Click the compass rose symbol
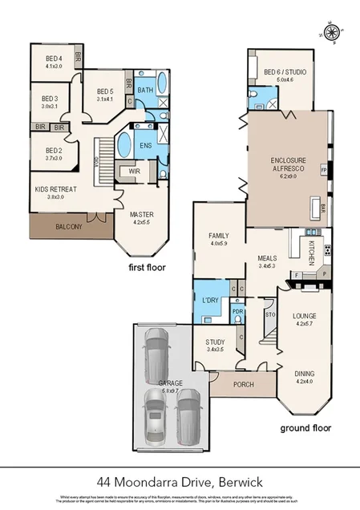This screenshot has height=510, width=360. tap(330, 32)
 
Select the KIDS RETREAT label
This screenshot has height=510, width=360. tap(53, 190)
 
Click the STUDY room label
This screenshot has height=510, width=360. tap(214, 345)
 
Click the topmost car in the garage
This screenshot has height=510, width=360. tap(156, 357)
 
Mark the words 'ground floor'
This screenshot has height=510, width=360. tap(305, 428)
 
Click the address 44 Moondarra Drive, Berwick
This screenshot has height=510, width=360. tap(180, 481)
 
